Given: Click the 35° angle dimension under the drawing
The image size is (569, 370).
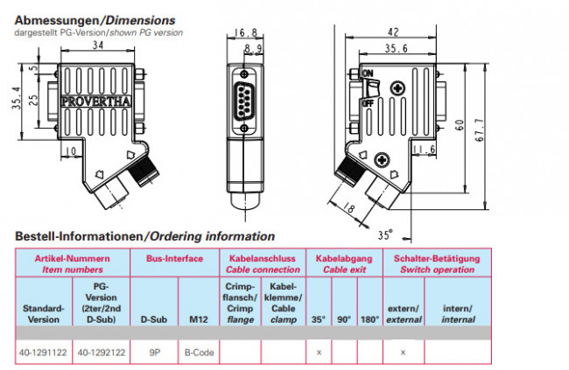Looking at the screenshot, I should (x=386, y=234).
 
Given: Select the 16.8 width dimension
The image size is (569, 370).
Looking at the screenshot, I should (x=246, y=33).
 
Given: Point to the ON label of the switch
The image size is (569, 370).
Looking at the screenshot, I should (x=368, y=73).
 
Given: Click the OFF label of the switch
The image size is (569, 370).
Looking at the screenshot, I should (x=368, y=103).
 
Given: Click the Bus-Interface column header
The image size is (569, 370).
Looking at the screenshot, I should (x=174, y=260).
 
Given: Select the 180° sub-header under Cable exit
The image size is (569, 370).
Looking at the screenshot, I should (x=369, y=318).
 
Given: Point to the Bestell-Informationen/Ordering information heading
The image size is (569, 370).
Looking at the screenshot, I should (x=144, y=236).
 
